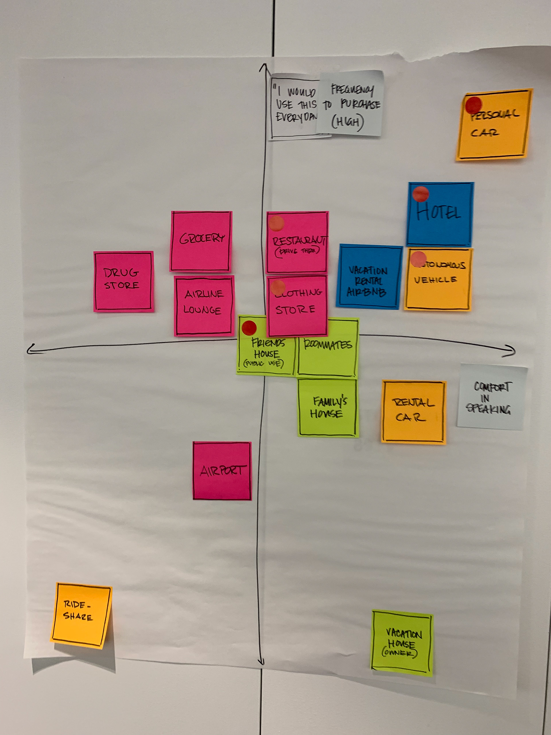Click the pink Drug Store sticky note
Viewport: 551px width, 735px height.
124,281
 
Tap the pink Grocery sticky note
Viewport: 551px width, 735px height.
201,241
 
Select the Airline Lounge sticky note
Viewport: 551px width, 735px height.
203,305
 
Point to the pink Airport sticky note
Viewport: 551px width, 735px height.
222,471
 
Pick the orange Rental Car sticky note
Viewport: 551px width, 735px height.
414,411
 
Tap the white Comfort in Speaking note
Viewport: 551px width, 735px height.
492,397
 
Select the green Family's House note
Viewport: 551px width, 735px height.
328,408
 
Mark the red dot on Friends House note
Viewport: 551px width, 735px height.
249,328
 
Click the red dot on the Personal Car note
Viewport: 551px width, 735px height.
473,105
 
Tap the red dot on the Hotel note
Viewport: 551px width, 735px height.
420,194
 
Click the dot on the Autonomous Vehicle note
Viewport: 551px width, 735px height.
418,259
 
